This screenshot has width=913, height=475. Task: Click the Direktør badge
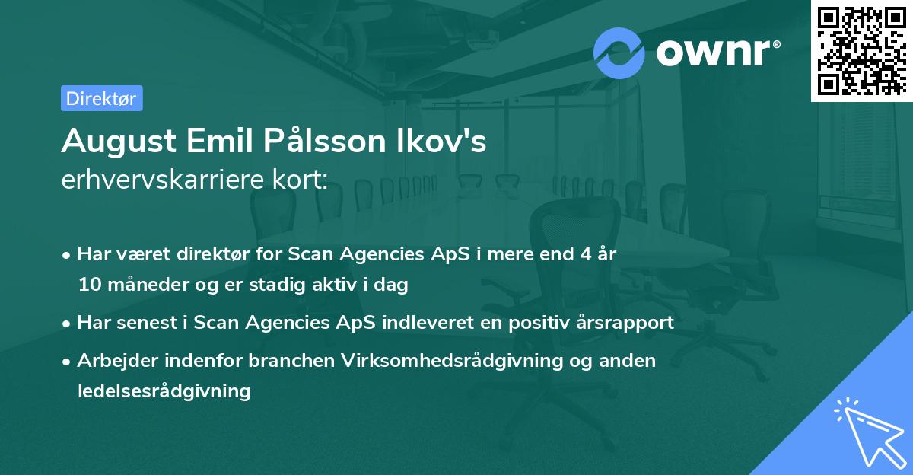pos(101,98)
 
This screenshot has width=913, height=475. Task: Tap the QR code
pos(861,50)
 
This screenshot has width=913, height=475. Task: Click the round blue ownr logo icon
pos(619,53)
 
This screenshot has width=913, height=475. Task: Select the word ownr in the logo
pos(717,53)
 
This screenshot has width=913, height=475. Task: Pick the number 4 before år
pos(581,254)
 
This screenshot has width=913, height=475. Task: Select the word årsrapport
pos(630,323)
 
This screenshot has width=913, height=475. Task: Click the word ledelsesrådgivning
pos(164,391)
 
